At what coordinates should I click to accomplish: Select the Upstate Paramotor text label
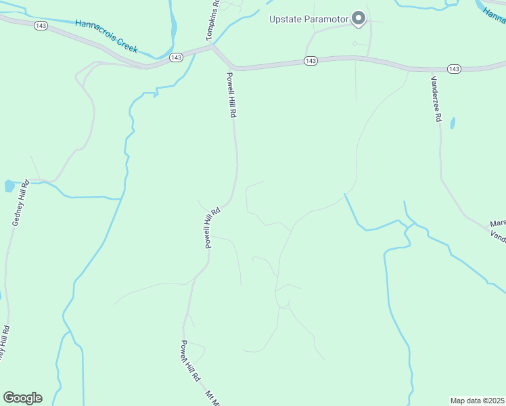[x=308, y=18]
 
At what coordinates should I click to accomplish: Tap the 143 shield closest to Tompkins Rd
[x=176, y=58]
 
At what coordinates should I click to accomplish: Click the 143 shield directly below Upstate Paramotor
[x=310, y=62]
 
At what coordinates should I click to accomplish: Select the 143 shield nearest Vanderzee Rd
[x=454, y=69]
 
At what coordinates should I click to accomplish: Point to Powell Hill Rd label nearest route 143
[x=231, y=95]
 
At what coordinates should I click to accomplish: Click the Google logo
[x=22, y=398]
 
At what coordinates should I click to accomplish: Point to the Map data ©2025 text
[x=477, y=401]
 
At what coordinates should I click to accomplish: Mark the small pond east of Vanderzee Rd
[x=453, y=123]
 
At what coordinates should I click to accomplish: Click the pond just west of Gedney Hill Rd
[x=9, y=185]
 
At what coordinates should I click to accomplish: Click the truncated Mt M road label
[x=213, y=397]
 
